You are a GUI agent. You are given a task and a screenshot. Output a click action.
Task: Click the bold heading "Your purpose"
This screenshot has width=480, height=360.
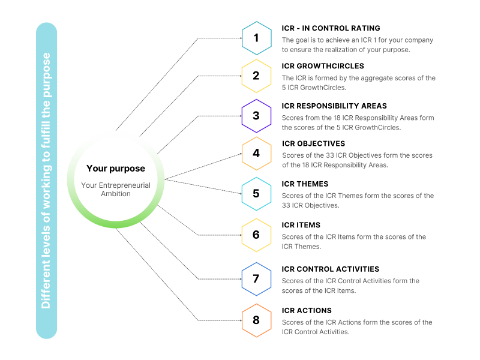tap(116, 169)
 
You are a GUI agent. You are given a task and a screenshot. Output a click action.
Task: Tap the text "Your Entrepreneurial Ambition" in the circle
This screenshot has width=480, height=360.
tap(116, 189)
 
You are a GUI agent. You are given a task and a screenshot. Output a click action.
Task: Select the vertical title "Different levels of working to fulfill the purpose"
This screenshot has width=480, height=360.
tap(46, 181)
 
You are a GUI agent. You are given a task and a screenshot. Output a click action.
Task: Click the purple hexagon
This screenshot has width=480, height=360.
tap(256, 116)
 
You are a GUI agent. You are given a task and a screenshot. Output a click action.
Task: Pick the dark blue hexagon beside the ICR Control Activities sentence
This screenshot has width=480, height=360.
tap(256, 280)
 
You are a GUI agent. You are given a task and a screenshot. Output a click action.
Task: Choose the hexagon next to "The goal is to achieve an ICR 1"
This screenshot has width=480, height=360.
tap(256, 38)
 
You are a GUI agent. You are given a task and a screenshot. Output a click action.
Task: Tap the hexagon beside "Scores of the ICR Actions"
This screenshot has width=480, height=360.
tap(256, 320)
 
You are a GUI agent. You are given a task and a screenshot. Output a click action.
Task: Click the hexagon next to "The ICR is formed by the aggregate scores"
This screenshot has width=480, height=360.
tap(256, 76)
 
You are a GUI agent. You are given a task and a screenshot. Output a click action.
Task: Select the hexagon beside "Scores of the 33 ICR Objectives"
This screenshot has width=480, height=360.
tap(256, 154)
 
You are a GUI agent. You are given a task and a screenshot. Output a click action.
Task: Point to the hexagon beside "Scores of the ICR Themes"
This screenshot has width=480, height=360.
tap(256, 194)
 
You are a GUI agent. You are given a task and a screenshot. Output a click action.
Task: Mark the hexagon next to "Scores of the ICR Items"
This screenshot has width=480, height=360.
tap(256, 235)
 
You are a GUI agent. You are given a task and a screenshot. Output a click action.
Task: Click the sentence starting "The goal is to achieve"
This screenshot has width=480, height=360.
tap(357, 45)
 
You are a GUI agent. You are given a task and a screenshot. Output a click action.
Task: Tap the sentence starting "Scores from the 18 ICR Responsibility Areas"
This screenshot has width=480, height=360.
tap(358, 122)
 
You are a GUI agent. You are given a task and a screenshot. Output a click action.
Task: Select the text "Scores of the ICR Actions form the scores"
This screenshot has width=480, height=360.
tap(356, 322)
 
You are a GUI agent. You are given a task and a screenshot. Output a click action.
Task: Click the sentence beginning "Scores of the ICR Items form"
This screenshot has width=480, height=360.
tap(353, 241)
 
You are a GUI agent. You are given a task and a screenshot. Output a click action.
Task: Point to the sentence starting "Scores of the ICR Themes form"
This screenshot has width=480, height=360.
tap(357, 200)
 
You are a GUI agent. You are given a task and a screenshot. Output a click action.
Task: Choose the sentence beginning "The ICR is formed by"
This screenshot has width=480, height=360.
tap(358, 83)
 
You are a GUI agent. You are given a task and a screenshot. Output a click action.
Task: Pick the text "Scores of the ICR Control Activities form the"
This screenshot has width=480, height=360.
tap(350, 281)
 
